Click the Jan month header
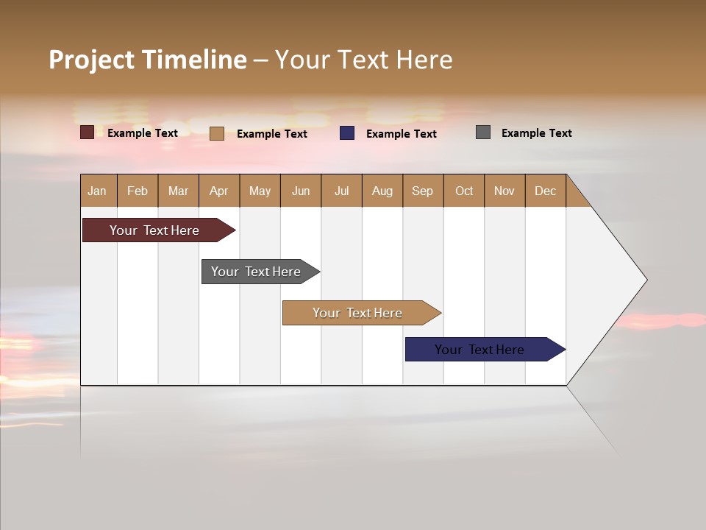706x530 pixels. [97, 191]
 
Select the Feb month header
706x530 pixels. [138, 191]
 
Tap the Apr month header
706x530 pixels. [218, 191]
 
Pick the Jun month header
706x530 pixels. [301, 191]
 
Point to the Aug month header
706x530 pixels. [382, 191]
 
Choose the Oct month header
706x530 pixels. [464, 191]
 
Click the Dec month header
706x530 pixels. [545, 191]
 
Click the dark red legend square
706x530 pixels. [88, 132]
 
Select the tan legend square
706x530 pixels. [217, 133]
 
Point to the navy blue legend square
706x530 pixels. [347, 133]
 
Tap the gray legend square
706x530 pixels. [483, 132]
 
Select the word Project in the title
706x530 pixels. [91, 60]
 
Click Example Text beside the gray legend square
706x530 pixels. [536, 133]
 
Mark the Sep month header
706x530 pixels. [422, 191]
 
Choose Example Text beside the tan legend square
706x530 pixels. [271, 134]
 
